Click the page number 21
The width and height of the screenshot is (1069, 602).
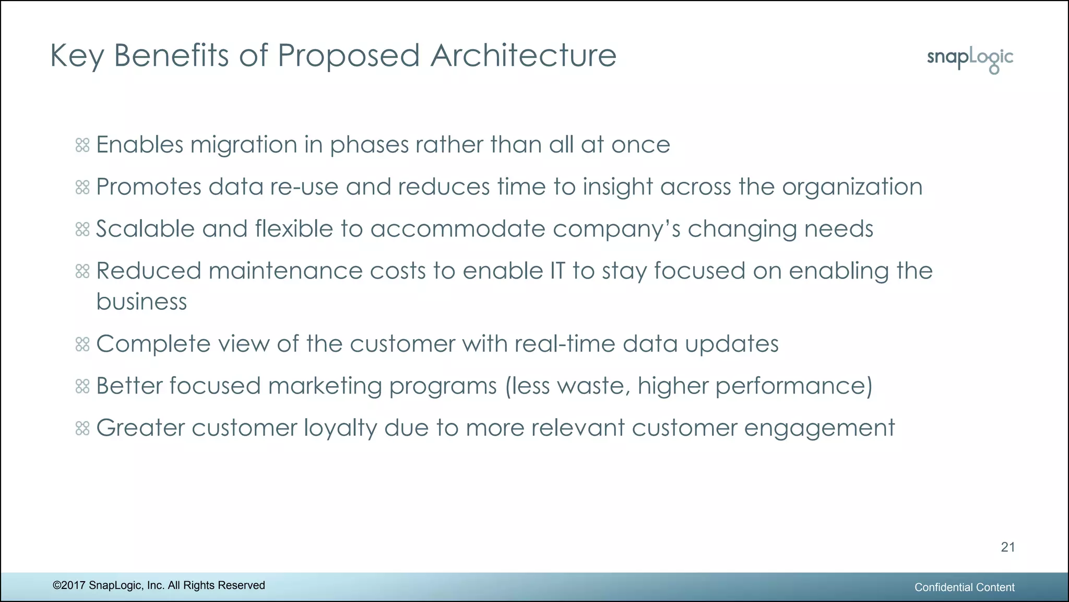tap(1007, 547)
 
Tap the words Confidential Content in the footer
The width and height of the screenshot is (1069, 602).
tap(964, 587)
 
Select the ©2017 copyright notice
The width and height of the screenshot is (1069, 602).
tap(159, 585)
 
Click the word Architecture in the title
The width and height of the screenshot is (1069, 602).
tap(523, 55)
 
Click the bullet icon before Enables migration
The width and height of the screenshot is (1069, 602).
tap(82, 145)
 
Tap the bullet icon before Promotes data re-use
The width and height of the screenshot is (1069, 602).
tap(82, 187)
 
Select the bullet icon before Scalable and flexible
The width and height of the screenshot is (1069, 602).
tap(82, 229)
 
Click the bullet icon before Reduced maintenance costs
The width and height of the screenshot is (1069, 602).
tap(82, 271)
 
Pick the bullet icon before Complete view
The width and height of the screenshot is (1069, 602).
tap(82, 344)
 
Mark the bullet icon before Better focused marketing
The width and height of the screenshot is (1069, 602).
tap(82, 386)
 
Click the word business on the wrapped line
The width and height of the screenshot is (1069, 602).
tap(141, 302)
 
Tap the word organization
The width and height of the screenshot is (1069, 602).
tap(852, 188)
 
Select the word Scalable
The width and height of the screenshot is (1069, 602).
tap(145, 229)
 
